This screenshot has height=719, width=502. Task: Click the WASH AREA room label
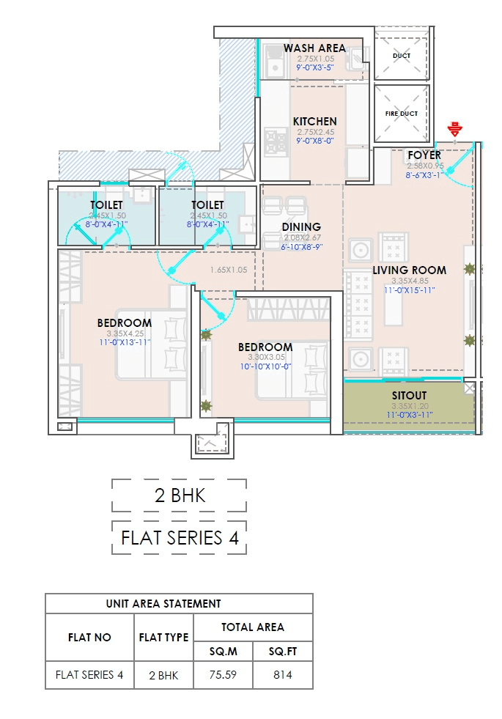314,48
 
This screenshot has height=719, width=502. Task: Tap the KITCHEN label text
314,121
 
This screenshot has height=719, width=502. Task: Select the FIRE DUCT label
401,114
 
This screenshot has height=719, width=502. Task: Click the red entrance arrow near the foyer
455,130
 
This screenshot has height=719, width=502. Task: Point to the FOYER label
424,155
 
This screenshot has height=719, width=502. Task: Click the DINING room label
301,227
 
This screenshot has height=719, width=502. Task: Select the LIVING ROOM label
409,270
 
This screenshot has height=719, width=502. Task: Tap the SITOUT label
409,396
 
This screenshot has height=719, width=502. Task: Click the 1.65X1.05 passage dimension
229,270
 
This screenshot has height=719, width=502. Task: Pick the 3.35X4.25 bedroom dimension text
124,333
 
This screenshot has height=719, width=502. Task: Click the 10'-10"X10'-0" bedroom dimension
265,366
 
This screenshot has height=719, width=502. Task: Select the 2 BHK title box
180,495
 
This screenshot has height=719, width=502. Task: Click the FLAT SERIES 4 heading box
180,538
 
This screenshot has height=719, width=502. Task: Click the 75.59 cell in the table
223,675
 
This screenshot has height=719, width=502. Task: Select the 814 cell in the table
282,675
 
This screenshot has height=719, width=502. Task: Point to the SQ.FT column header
282,652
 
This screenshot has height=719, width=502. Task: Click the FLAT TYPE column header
163,638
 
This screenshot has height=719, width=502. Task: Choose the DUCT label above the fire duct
401,56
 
